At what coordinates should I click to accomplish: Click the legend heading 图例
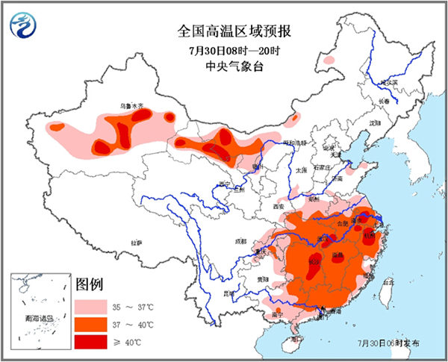(90, 285)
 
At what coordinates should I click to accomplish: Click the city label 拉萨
(135, 243)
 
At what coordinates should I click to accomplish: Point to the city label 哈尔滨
(389, 84)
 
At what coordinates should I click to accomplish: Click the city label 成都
(239, 241)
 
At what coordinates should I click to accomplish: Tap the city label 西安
(279, 205)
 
